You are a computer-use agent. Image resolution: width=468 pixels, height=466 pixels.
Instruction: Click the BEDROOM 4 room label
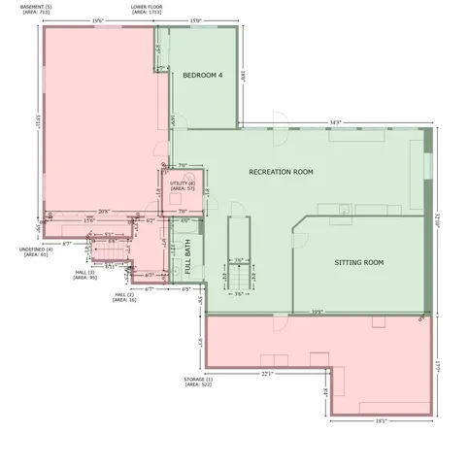pyautogui.click(x=203, y=76)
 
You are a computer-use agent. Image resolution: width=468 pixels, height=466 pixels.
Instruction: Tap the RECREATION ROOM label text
pyautogui.click(x=281, y=172)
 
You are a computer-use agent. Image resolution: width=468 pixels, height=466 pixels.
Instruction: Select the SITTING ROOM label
pyautogui.click(x=359, y=262)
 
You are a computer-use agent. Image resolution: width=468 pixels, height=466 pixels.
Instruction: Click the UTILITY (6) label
pyautogui.click(x=183, y=184)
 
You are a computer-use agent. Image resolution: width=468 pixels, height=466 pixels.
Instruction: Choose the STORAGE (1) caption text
pyautogui.click(x=199, y=381)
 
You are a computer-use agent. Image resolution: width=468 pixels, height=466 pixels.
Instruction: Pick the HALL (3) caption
pyautogui.click(x=84, y=275)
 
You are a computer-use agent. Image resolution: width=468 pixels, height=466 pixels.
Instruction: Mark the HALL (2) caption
pyautogui.click(x=124, y=297)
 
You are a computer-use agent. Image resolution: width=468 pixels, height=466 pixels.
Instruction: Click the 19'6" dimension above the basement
pyautogui.click(x=98, y=20)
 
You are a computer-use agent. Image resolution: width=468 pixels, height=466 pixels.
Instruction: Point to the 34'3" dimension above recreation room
pyautogui.click(x=336, y=121)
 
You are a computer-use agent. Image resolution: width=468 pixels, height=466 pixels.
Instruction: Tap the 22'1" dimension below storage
pyautogui.click(x=269, y=373)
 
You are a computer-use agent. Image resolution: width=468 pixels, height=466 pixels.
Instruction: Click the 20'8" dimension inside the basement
pyautogui.click(x=104, y=211)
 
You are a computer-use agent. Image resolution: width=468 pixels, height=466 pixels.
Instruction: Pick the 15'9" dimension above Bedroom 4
pyautogui.click(x=195, y=20)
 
